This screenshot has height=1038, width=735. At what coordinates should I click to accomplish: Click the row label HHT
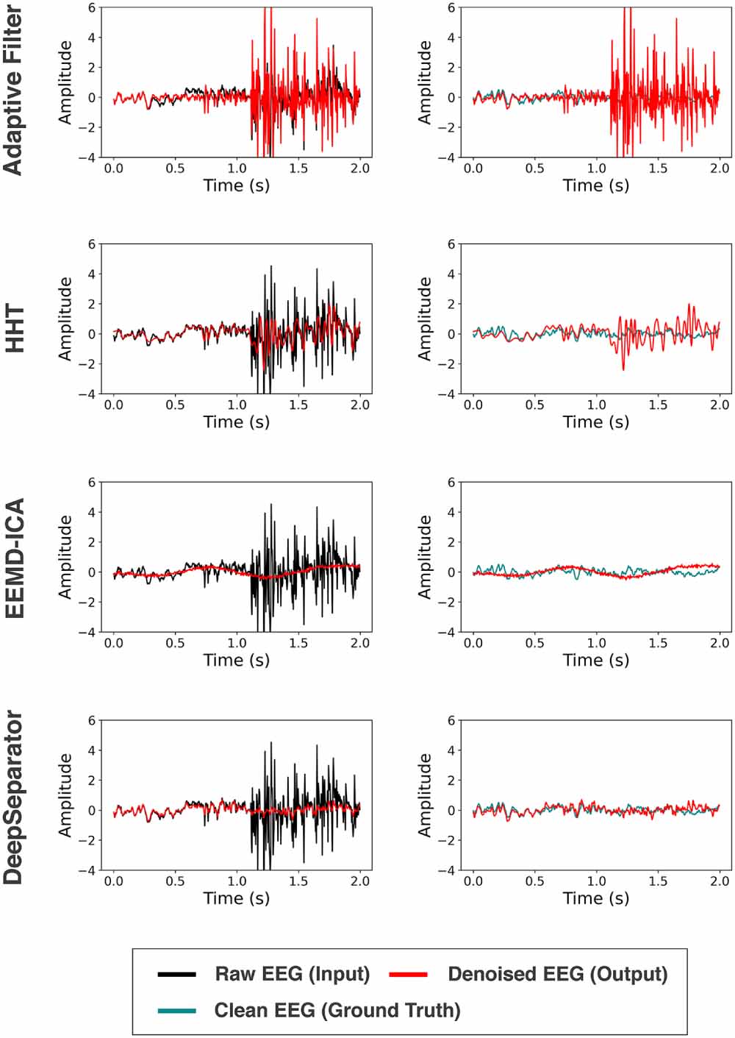tap(15, 330)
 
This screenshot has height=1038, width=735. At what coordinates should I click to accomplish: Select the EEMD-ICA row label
tap(15, 558)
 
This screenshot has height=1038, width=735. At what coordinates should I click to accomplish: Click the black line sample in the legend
tap(176, 975)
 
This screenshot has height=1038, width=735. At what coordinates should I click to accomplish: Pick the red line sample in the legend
tap(408, 975)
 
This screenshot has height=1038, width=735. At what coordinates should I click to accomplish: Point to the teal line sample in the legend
tap(176, 1011)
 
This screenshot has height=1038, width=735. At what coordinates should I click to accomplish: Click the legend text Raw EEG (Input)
tap(292, 974)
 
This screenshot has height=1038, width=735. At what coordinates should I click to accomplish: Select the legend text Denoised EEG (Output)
tap(557, 974)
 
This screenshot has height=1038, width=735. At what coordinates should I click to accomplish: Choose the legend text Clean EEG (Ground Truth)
tap(337, 1010)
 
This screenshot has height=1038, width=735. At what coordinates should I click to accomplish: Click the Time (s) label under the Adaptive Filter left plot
tap(236, 185)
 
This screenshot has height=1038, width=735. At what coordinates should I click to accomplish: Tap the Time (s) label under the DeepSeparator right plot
tap(595, 898)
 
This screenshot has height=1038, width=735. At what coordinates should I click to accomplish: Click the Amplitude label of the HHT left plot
tap(65, 319)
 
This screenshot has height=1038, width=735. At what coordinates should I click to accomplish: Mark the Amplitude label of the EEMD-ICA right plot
tap(424, 557)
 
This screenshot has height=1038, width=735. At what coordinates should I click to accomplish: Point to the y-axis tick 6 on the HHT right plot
tap(451, 244)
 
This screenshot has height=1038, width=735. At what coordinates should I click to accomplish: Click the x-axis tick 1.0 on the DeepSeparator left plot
tap(237, 881)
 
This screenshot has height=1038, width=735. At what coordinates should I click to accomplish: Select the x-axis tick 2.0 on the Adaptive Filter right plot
tap(719, 168)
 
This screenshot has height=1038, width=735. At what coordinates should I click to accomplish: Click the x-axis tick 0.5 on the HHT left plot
tap(175, 405)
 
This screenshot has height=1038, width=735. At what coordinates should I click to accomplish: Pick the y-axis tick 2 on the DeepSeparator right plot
tap(451, 781)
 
